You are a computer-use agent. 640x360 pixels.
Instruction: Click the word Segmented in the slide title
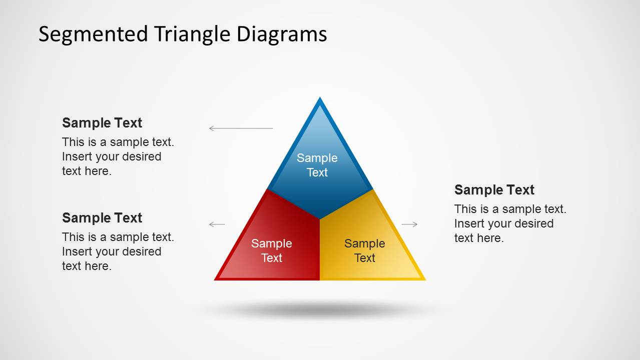93,34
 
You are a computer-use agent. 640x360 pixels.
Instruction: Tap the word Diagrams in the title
282,34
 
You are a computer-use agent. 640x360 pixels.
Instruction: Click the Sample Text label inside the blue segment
317,165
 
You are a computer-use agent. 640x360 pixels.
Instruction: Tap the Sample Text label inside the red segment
272,250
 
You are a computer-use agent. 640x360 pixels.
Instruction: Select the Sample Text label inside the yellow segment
365,250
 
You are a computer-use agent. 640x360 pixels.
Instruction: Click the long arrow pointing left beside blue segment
241,128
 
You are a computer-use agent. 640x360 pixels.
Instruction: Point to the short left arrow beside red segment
217,224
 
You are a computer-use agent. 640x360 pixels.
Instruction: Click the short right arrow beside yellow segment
409,224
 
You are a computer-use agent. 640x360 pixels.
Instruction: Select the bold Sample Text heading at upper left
102,123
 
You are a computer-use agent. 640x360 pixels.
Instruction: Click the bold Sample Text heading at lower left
102,218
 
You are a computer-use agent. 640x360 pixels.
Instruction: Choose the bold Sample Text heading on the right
494,190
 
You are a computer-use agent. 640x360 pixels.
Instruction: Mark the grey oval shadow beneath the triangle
320,310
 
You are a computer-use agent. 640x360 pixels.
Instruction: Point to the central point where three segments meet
320,218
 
